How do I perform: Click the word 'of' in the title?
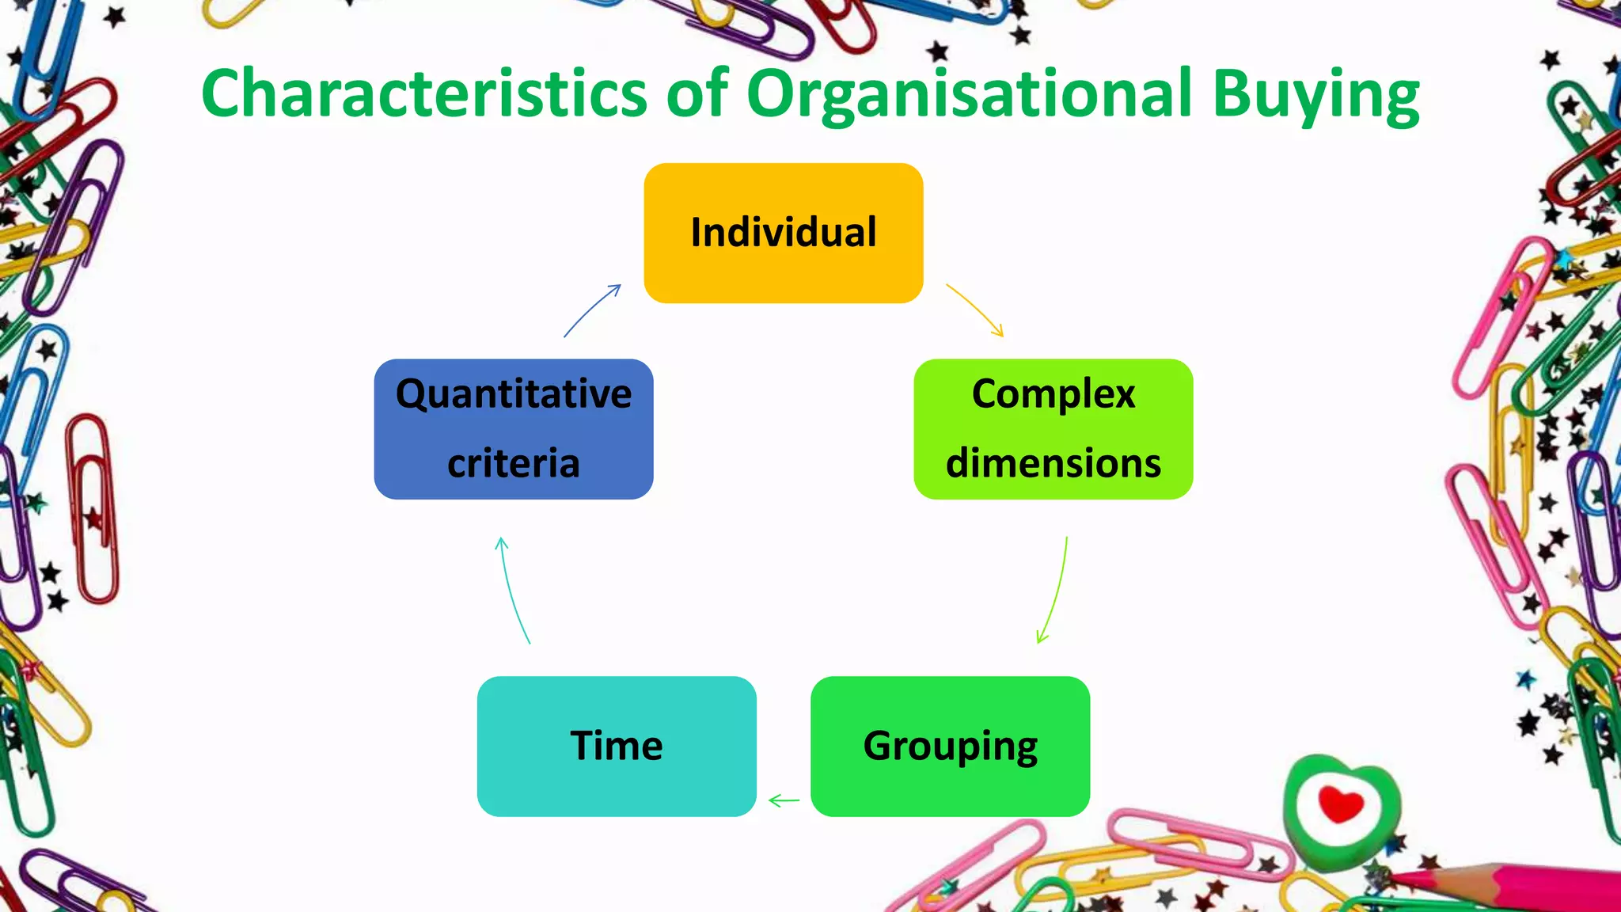tap(697, 93)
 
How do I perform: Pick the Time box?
tap(617, 746)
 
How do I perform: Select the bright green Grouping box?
tap(950, 746)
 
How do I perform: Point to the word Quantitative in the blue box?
tap(514, 393)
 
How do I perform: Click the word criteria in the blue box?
tap(514, 463)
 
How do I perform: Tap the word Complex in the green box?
tap(1053, 393)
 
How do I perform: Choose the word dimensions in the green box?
tap(1053, 463)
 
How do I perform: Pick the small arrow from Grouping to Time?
tap(784, 801)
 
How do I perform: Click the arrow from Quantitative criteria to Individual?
tap(592, 310)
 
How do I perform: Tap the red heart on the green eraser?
tap(1341, 804)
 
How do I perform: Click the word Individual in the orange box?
tap(783, 233)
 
